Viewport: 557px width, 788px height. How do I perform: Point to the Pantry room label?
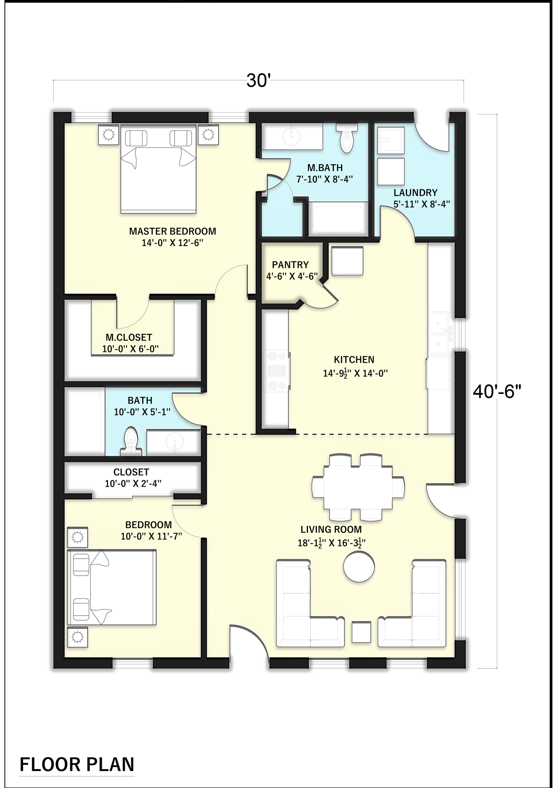tap(291, 265)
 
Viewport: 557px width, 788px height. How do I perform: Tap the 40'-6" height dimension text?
tap(497, 392)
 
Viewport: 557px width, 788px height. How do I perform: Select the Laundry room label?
tap(416, 192)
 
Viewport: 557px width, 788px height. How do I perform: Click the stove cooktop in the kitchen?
tap(276, 371)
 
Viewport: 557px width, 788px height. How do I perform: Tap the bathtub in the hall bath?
tap(85, 421)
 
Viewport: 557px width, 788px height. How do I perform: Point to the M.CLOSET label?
tap(129, 338)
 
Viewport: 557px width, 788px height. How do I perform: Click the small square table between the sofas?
tap(362, 632)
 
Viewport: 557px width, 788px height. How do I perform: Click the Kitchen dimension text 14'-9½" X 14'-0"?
tap(355, 373)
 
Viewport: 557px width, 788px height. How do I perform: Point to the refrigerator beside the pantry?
tap(347, 261)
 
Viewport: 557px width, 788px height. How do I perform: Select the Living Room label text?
tap(331, 530)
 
